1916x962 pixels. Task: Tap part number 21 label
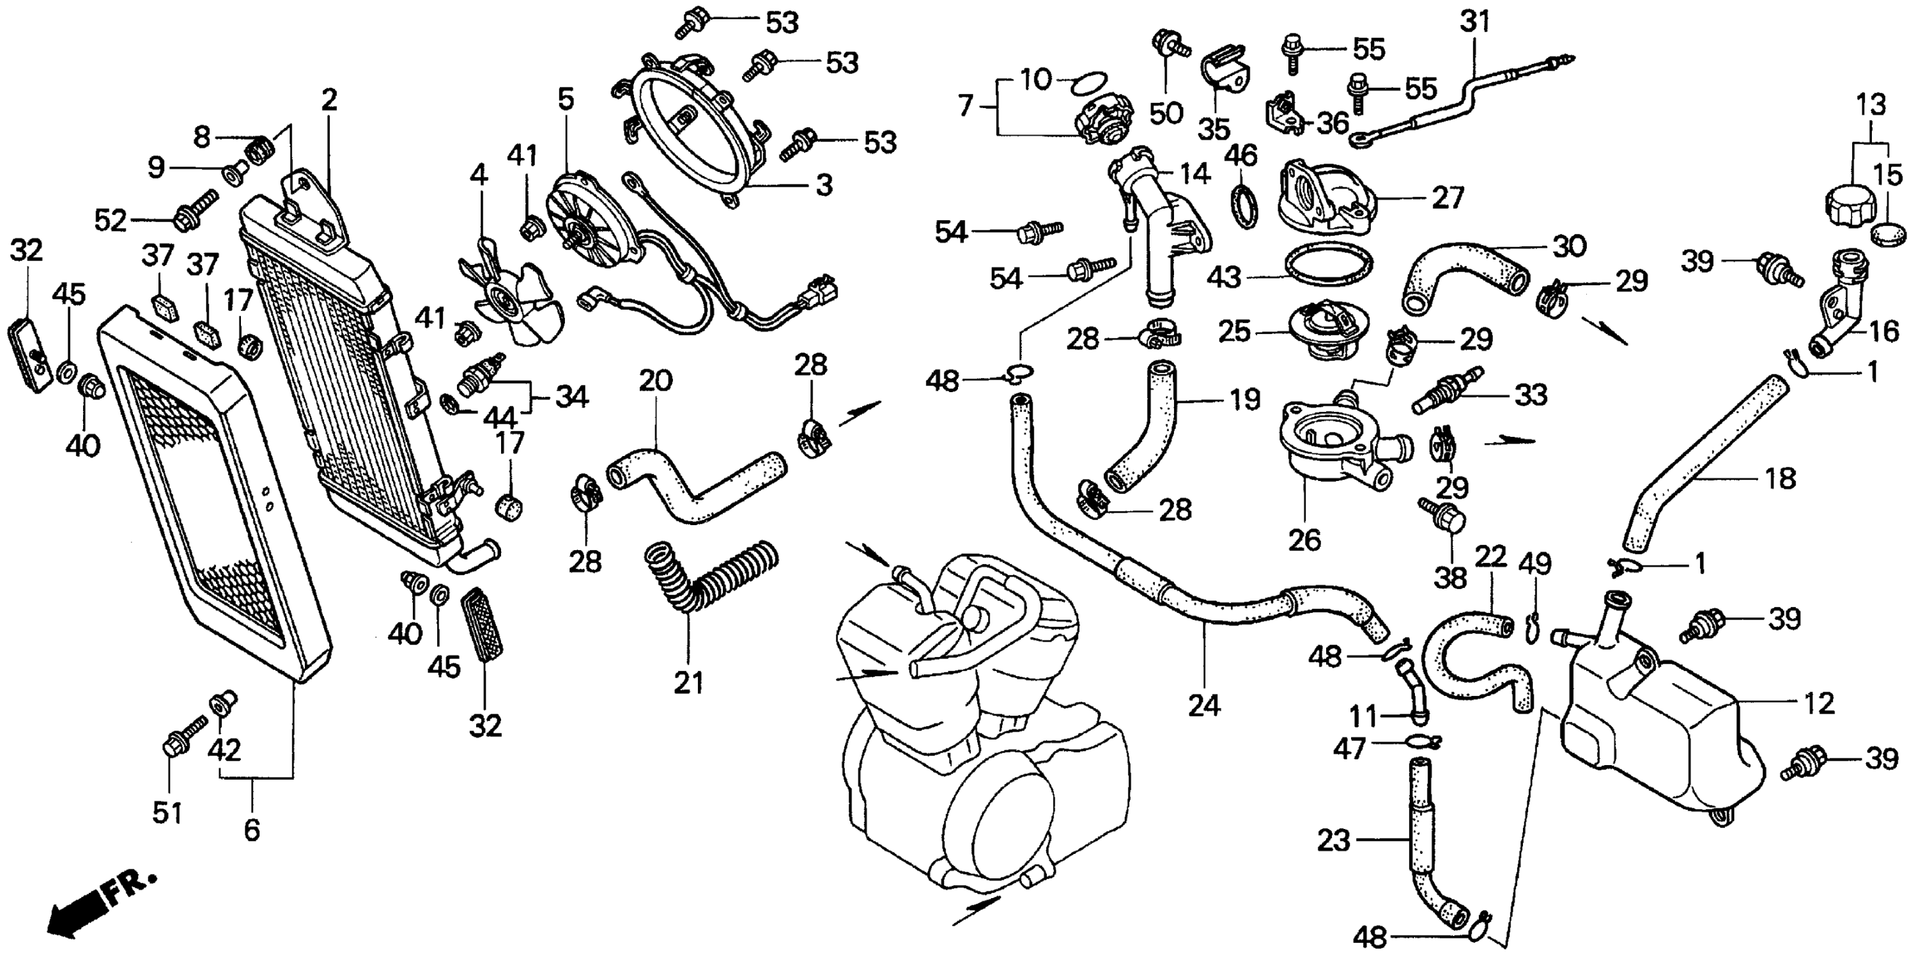[x=688, y=682]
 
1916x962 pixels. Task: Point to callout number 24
[x=1203, y=705]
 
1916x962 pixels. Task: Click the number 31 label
[x=1475, y=22]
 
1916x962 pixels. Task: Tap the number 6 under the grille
[x=252, y=830]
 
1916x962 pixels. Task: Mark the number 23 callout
[x=1333, y=841]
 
